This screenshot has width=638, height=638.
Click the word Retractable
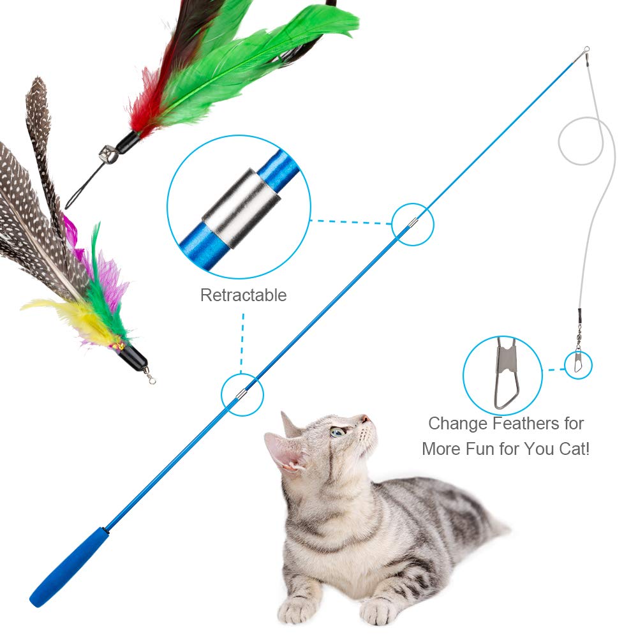(243, 295)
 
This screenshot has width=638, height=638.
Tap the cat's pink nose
(365, 420)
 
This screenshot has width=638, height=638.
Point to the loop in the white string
(581, 140)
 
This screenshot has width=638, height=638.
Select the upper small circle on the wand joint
(413, 224)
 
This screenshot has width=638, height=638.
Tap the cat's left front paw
(297, 609)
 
